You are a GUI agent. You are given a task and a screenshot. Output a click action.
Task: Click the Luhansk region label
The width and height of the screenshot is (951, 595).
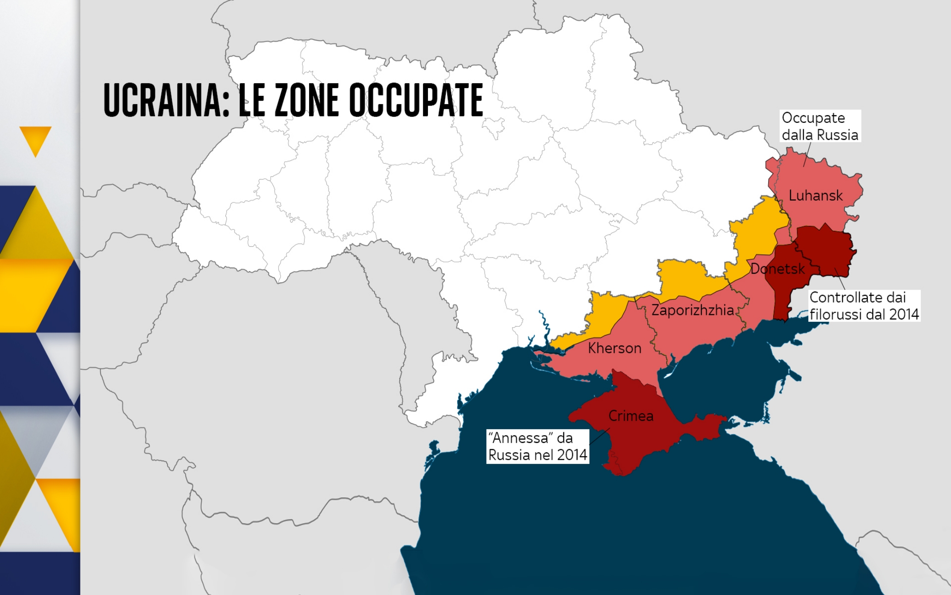[816, 196]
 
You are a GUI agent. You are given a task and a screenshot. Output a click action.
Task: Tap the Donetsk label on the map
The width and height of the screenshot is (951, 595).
[777, 269]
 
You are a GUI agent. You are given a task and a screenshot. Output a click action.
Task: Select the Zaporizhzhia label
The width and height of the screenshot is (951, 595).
[692, 310]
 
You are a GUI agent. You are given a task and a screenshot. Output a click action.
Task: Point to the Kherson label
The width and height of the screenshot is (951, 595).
[614, 348]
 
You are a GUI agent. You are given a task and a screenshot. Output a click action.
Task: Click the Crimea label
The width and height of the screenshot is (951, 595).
[630, 416]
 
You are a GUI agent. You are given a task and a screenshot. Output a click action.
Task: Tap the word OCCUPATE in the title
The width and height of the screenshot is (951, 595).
[416, 101]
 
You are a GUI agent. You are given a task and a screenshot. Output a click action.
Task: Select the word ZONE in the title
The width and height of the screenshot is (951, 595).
[307, 101]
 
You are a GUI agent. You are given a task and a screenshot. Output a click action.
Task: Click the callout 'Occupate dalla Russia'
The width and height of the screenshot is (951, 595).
[820, 126]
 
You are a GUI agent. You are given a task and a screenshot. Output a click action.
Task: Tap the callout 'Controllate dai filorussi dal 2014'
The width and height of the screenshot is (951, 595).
[864, 306]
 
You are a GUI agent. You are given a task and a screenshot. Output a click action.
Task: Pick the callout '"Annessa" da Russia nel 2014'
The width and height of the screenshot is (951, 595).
[537, 446]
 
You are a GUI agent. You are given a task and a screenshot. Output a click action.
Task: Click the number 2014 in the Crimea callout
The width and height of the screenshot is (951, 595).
[572, 455]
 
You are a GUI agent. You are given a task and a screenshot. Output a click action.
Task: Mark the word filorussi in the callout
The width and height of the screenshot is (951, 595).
[835, 314]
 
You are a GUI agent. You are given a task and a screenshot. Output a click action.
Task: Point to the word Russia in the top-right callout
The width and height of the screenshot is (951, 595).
[837, 135]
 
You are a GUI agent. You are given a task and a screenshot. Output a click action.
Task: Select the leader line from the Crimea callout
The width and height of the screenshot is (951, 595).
[599, 437]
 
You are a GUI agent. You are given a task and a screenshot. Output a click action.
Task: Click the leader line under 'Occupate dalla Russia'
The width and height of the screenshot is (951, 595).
[807, 154]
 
